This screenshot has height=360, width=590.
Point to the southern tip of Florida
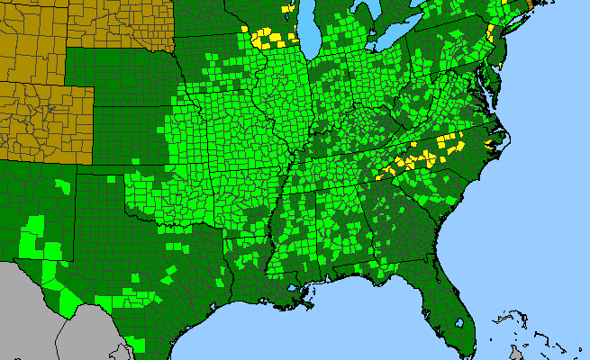pyautogui.click(x=467, y=350)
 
